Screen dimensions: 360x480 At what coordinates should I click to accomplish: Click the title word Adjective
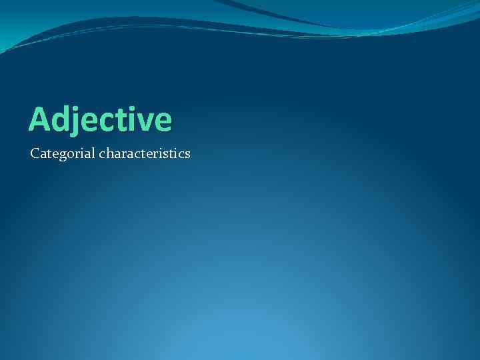(x=100, y=119)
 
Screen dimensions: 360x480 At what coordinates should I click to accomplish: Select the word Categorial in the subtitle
(x=63, y=154)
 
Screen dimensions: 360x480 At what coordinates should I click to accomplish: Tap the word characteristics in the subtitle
(x=145, y=154)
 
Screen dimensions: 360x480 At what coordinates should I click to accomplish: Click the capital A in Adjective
(x=39, y=119)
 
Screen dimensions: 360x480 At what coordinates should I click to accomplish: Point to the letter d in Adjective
(x=60, y=119)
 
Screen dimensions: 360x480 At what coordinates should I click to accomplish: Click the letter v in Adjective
(x=143, y=122)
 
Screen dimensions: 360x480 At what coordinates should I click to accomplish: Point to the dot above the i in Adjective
(x=127, y=107)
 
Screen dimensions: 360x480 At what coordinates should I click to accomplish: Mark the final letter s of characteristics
(x=187, y=155)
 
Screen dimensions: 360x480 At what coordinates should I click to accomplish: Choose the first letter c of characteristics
(x=102, y=155)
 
